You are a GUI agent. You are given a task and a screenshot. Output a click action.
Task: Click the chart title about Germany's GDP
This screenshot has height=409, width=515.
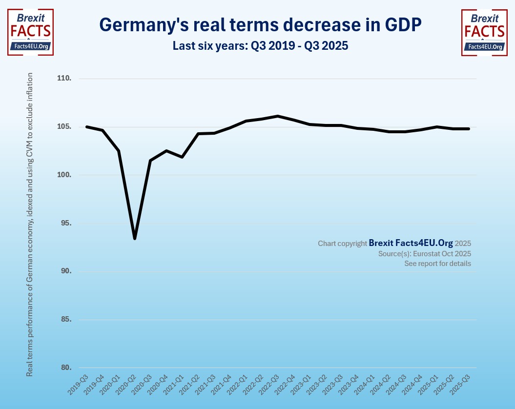[260, 24]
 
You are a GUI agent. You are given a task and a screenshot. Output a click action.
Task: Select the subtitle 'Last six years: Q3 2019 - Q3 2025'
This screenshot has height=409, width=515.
[260, 46]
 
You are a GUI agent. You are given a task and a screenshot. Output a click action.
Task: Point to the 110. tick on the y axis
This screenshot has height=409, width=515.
[64, 79]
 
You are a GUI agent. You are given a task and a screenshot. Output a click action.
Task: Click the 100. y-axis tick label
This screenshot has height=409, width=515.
[64, 175]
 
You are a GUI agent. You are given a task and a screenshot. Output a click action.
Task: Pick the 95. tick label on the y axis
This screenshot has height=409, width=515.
[65, 224]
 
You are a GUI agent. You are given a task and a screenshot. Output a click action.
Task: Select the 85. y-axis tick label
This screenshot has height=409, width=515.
[65, 320]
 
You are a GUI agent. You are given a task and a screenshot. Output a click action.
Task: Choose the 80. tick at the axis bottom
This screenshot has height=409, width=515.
[65, 368]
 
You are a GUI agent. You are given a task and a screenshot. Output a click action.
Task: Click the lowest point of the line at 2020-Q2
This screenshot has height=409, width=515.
[134, 238]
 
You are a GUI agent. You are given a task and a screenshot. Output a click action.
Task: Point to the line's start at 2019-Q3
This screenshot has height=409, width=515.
[86, 127]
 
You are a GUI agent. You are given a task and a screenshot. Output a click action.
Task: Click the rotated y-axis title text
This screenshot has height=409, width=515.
[30, 225]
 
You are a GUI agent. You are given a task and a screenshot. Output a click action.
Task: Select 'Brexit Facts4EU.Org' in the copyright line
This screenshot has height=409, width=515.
[411, 243]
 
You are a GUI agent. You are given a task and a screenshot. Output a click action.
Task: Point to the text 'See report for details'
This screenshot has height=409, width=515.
[437, 264]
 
